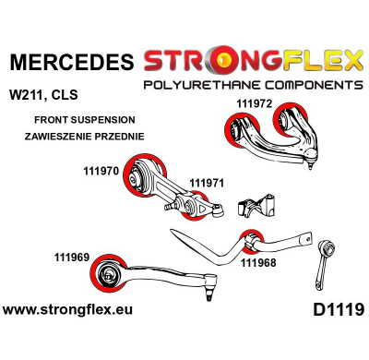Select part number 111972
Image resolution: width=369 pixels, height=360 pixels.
click(254, 105)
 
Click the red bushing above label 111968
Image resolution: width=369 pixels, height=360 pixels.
click(248, 239)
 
